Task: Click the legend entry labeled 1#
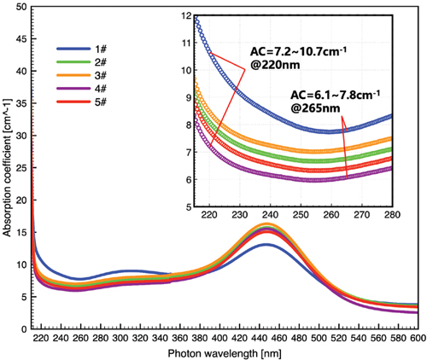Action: pyautogui.click(x=81, y=49)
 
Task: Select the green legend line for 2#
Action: pyautogui.click(x=73, y=62)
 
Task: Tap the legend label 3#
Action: pyautogui.click(x=101, y=76)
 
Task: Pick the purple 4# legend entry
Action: pyautogui.click(x=81, y=89)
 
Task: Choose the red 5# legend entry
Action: pyautogui.click(x=81, y=102)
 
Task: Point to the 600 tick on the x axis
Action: pyautogui.click(x=418, y=338)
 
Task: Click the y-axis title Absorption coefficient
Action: pyautogui.click(x=7, y=168)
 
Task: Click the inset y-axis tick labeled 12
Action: pyautogui.click(x=187, y=16)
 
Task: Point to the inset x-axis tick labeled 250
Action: pyautogui.click(x=301, y=214)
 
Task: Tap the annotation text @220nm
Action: pyautogui.click(x=275, y=65)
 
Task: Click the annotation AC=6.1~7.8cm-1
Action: pyautogui.click(x=336, y=95)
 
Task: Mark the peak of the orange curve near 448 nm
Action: pyautogui.click(x=266, y=225)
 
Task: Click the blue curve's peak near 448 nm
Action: pyautogui.click(x=266, y=245)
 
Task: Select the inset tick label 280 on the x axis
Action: pyautogui.click(x=393, y=214)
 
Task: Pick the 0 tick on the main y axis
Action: pyautogui.click(x=24, y=329)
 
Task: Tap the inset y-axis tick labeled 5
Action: pyautogui.click(x=190, y=206)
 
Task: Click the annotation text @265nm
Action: pyautogui.click(x=315, y=108)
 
